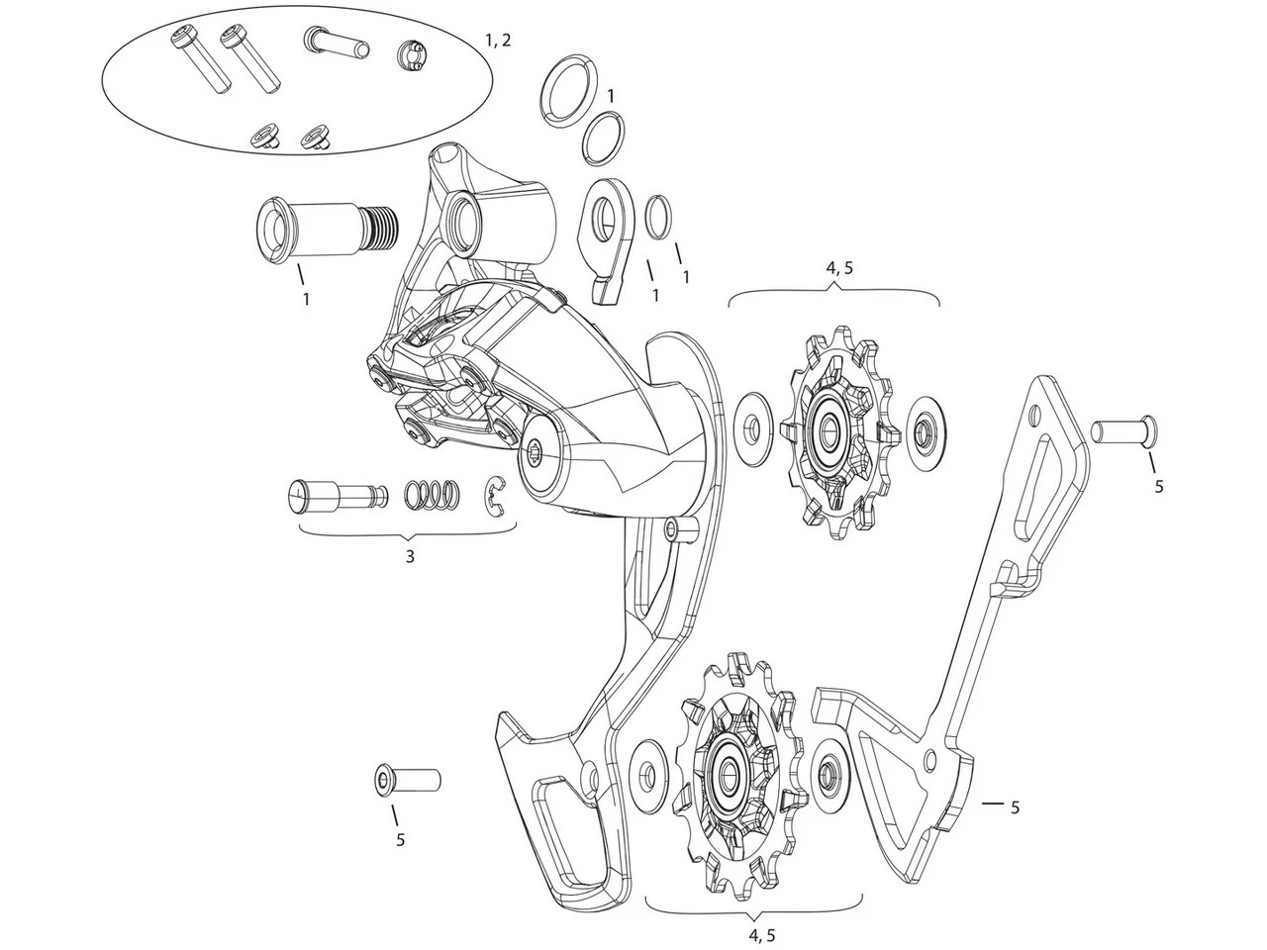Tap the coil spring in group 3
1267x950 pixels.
click(x=433, y=494)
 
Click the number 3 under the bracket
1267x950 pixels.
click(x=409, y=556)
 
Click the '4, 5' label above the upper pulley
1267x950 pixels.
click(x=837, y=268)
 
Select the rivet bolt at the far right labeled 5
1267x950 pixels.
click(x=1123, y=429)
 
